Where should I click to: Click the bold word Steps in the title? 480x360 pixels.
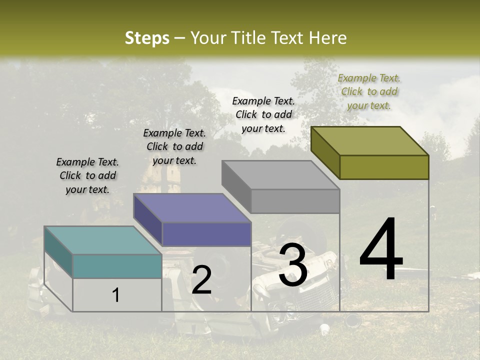pyautogui.click(x=147, y=38)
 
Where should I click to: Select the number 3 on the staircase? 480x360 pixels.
pyautogui.click(x=292, y=266)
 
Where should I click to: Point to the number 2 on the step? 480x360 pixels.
pyautogui.click(x=201, y=280)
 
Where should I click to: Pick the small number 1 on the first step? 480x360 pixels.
pyautogui.click(x=116, y=295)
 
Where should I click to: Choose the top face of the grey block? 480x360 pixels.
pyautogui.click(x=280, y=175)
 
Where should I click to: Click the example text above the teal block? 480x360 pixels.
pyautogui.click(x=87, y=175)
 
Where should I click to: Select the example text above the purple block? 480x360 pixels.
pyautogui.click(x=174, y=146)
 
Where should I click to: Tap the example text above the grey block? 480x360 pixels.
pyautogui.click(x=263, y=114)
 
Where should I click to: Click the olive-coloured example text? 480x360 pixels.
pyautogui.click(x=369, y=91)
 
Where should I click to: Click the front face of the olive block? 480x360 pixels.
pyautogui.click(x=384, y=167)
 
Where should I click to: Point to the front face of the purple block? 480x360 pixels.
pyautogui.click(x=206, y=234)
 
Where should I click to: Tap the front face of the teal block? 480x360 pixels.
pyautogui.click(x=117, y=266)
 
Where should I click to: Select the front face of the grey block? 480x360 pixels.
pyautogui.click(x=295, y=201)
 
